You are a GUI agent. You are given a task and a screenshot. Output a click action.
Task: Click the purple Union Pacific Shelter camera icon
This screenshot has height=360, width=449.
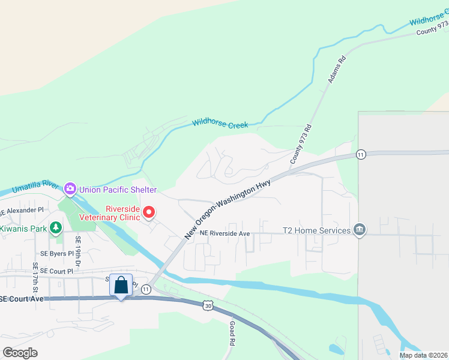(x=70, y=190)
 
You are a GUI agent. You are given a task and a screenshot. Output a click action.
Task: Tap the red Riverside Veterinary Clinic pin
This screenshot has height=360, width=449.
(x=148, y=213)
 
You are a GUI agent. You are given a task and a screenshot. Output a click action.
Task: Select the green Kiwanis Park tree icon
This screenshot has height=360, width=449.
(x=56, y=228)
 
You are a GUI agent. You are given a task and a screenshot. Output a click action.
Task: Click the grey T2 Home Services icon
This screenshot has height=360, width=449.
(x=360, y=230)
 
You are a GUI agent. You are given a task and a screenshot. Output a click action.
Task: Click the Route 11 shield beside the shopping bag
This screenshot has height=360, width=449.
(x=146, y=289)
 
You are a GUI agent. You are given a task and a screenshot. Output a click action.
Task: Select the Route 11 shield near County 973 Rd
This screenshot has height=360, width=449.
(x=360, y=154)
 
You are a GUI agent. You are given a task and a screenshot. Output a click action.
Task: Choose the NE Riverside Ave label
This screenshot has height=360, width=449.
(x=224, y=233)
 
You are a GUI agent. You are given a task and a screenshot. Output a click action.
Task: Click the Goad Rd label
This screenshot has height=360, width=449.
(x=232, y=333)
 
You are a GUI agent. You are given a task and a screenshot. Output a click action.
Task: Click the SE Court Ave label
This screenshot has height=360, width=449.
(x=22, y=299)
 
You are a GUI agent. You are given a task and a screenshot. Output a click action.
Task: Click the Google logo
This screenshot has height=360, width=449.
(x=20, y=352)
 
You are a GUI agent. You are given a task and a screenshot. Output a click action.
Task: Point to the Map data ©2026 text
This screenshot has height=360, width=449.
(x=423, y=355)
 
